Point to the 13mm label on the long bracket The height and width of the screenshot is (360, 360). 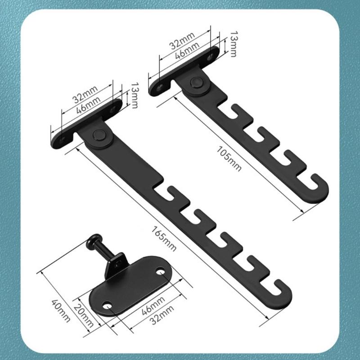coord(134,95)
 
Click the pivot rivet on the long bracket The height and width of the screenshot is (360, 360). coord(99,135)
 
